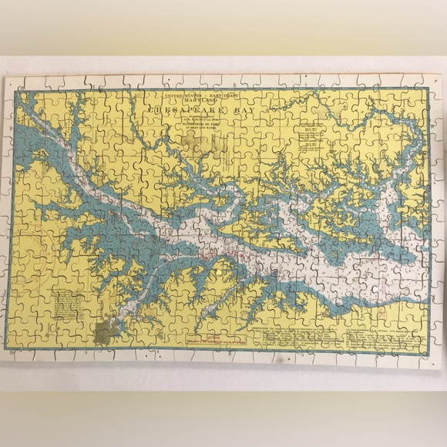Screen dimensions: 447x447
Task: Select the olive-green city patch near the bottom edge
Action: click(x=105, y=333)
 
